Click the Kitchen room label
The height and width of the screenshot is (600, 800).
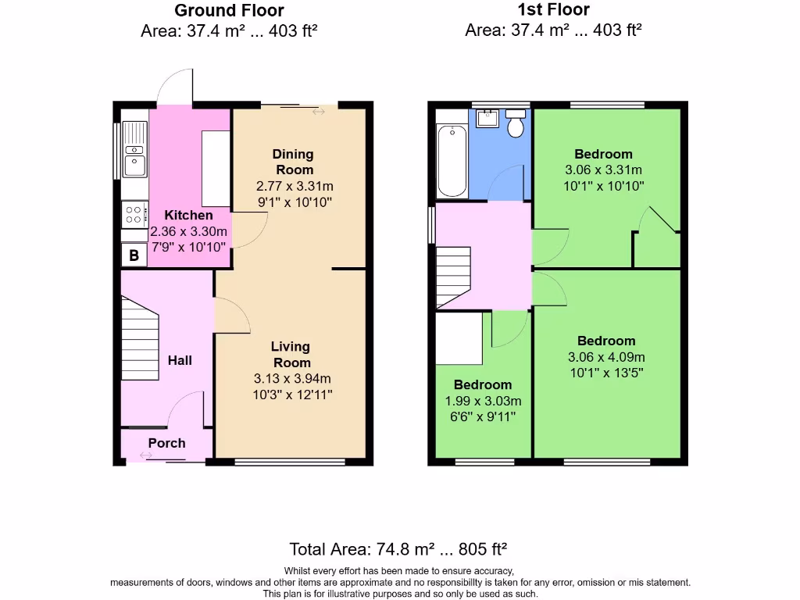coord(188,216)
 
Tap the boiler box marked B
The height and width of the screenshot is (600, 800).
coord(134,255)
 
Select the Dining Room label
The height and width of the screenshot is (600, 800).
coord(294,162)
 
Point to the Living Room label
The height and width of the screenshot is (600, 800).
coord(291,354)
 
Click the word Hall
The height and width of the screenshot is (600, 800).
coord(180,360)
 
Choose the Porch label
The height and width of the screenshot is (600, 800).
coord(167,443)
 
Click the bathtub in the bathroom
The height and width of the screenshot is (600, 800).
coord(452,161)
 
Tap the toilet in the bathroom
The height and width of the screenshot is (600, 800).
coord(516,123)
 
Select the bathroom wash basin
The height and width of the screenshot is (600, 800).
coord(487,119)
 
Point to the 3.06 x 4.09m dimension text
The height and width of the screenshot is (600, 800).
coord(606,357)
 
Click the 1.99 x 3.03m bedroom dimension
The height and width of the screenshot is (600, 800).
coord(483,402)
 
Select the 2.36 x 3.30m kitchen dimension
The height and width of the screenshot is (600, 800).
coord(188,231)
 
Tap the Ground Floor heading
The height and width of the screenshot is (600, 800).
coord(229,11)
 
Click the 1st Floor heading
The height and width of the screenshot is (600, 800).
coord(553,10)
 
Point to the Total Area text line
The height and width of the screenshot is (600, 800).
coord(399,548)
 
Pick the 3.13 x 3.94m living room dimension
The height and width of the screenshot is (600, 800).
coord(293,379)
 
